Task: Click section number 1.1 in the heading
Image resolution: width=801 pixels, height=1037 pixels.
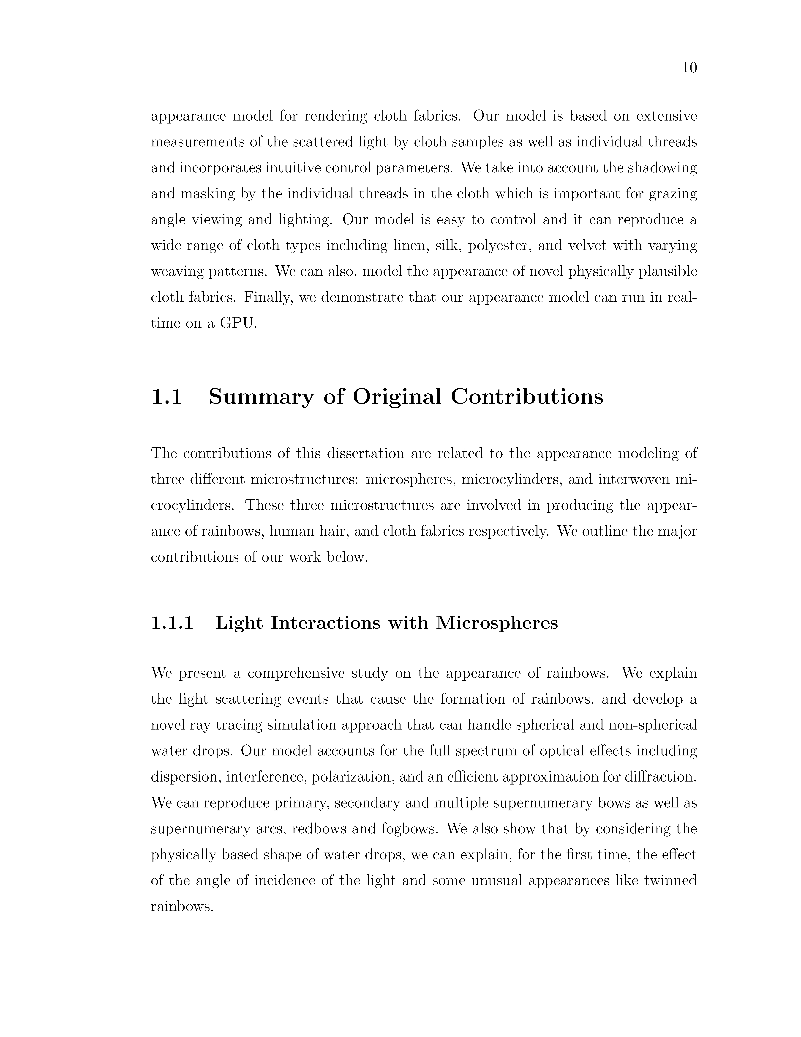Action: coord(166,396)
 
